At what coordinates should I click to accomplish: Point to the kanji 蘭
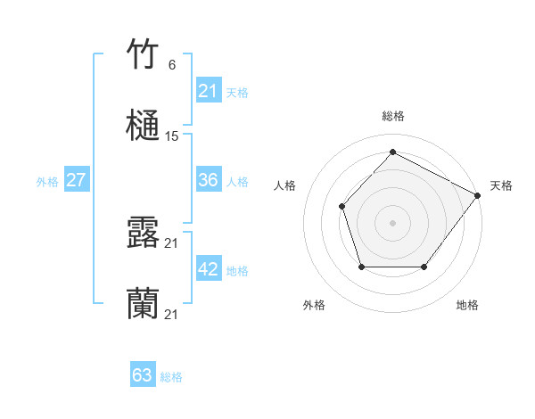[144, 304]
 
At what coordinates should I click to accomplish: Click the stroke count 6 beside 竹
[171, 65]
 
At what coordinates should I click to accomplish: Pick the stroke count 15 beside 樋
[172, 136]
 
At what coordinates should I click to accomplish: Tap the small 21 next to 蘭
[172, 315]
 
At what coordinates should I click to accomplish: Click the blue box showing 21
[208, 91]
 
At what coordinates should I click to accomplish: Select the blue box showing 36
[208, 180]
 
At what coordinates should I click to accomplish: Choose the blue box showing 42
[208, 269]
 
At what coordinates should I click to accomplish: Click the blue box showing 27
[76, 180]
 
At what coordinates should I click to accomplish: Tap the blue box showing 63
[142, 375]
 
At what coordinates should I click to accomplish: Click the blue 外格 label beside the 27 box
[47, 182]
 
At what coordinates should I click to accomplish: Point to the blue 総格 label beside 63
[171, 377]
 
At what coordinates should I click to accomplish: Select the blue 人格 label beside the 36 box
[237, 182]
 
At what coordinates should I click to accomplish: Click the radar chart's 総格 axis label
[392, 116]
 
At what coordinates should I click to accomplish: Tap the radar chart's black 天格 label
[501, 185]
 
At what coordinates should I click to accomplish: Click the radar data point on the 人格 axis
[342, 206]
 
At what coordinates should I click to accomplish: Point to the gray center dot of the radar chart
[392, 222]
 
